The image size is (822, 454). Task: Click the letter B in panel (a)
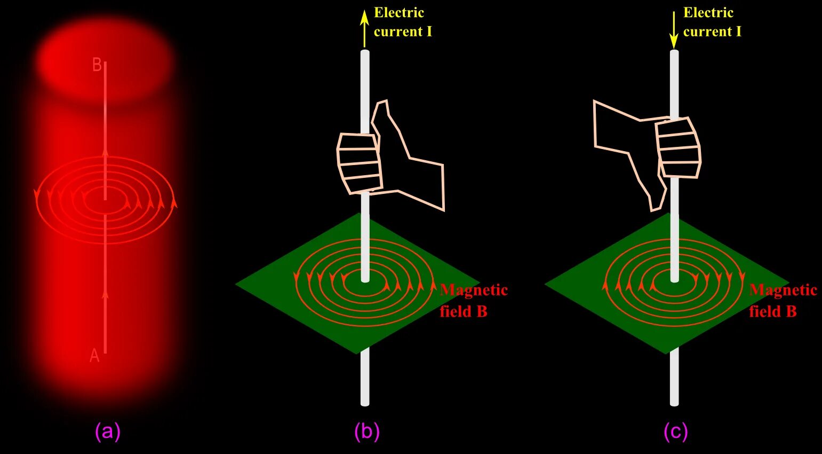(x=97, y=65)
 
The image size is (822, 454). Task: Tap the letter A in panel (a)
(x=94, y=356)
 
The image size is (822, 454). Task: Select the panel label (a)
(x=108, y=431)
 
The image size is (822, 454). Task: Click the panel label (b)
(x=367, y=431)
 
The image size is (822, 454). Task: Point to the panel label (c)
(x=676, y=431)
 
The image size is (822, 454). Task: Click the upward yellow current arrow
(x=364, y=27)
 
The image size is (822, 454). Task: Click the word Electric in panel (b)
(x=399, y=13)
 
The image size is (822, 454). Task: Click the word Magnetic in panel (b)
(x=474, y=290)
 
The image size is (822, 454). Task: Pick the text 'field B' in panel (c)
(x=773, y=311)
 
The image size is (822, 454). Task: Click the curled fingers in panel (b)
(x=358, y=163)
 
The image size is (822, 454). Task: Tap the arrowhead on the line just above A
(x=105, y=293)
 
